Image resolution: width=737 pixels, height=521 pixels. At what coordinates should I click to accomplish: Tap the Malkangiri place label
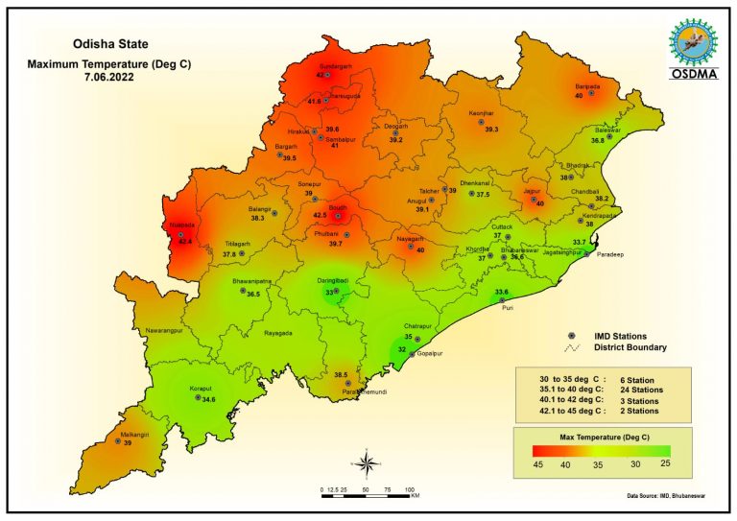click(x=134, y=435)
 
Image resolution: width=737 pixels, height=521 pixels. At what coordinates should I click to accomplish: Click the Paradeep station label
click(x=610, y=256)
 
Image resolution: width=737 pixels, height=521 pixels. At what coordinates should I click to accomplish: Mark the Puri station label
click(x=509, y=309)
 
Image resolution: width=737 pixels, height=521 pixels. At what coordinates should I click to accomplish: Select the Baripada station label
click(x=587, y=86)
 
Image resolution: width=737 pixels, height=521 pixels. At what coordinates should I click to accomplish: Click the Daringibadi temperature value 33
click(x=329, y=292)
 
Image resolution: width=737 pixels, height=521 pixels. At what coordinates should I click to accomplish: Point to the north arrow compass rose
click(x=367, y=464)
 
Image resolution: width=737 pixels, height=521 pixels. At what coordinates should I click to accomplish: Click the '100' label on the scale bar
click(x=410, y=489)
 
